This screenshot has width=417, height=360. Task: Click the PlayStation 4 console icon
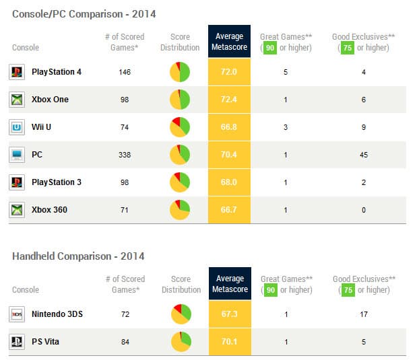17,72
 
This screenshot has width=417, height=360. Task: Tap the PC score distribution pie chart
180,155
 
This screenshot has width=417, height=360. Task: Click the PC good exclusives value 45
364,155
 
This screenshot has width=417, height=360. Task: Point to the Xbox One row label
50,100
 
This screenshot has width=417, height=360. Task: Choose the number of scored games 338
125,155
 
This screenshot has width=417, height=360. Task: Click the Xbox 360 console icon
17,210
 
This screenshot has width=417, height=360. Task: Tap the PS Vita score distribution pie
180,341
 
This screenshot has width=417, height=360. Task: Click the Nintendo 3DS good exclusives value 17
364,314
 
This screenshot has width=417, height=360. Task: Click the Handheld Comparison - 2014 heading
78,256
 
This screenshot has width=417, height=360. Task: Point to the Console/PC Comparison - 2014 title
85,13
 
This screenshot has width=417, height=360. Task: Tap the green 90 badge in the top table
271,48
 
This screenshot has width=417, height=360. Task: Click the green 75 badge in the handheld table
348,289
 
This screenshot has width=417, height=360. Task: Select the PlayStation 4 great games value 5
286,72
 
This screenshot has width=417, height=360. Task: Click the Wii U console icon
17,127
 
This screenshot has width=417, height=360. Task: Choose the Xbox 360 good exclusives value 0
364,210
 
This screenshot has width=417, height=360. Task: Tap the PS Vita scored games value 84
125,341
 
